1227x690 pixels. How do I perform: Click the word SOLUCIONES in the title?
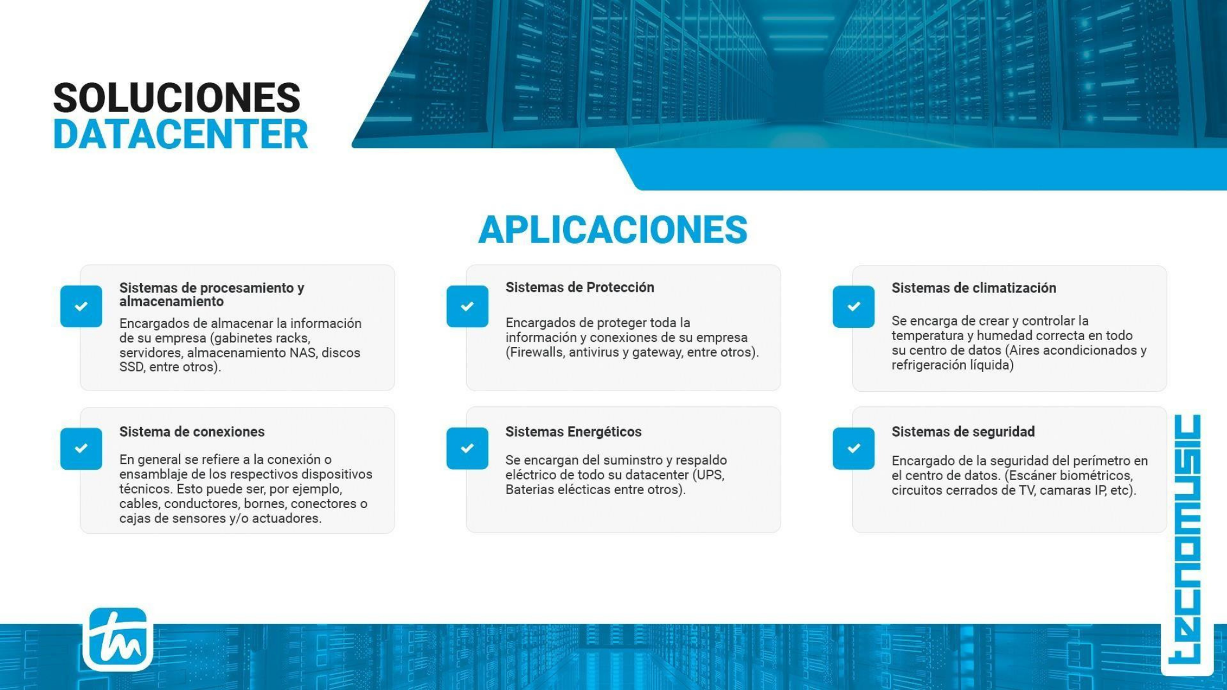click(177, 97)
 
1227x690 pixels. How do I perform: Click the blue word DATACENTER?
click(180, 134)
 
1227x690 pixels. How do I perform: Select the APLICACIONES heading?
click(613, 230)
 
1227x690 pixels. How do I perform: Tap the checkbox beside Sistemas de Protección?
click(467, 306)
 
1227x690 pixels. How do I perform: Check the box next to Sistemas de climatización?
click(853, 306)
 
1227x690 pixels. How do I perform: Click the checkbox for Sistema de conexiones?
click(81, 448)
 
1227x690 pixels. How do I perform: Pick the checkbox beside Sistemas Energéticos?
click(467, 448)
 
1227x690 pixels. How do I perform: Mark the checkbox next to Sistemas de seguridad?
click(853, 448)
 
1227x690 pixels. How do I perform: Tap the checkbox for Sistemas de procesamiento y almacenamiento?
click(81, 306)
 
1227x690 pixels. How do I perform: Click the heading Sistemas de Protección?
click(579, 287)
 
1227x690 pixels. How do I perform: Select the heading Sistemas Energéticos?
click(573, 432)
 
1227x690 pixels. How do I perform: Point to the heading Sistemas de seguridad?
click(963, 432)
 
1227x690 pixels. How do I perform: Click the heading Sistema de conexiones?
click(192, 432)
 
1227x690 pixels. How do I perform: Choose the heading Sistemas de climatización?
click(974, 288)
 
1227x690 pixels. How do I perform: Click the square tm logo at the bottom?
click(118, 639)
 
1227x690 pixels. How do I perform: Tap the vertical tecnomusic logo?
click(1187, 539)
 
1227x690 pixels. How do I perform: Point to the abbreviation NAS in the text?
click(303, 353)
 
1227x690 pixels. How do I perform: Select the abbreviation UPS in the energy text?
click(710, 475)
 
